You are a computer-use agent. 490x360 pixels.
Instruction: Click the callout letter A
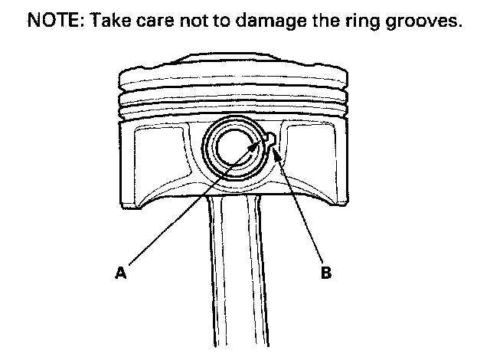(x=120, y=270)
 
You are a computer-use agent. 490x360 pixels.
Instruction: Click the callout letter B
(x=326, y=270)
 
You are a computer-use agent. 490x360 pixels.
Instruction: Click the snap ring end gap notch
(x=269, y=137)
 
